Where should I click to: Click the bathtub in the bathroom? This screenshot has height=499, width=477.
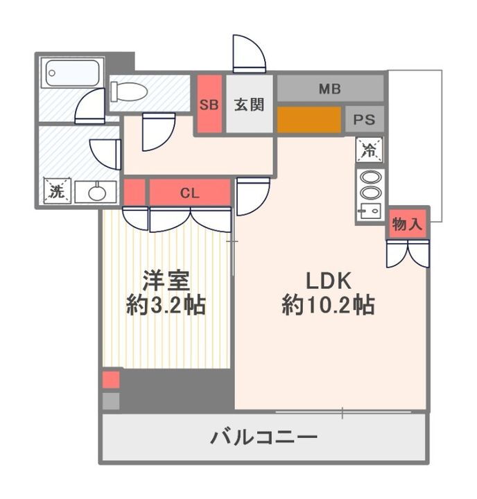(x=71, y=73)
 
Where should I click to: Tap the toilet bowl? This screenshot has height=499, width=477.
(x=130, y=91)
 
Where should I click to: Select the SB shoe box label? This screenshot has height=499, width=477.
(x=209, y=105)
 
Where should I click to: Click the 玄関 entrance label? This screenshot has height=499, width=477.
(x=248, y=105)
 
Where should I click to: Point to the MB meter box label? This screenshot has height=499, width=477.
(x=329, y=89)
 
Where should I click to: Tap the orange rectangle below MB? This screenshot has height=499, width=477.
(x=309, y=119)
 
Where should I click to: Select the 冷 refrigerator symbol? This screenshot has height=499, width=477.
(x=369, y=148)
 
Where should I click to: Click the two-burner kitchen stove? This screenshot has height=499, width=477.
(x=370, y=185)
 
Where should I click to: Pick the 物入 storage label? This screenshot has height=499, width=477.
(x=406, y=224)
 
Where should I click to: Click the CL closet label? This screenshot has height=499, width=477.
(x=189, y=193)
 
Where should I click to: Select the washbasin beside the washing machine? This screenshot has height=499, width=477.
(x=96, y=192)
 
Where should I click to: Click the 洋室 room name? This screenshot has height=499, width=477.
(x=166, y=280)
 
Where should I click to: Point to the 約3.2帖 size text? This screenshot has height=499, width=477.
(x=166, y=305)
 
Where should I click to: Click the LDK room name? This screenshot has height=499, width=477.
(x=330, y=280)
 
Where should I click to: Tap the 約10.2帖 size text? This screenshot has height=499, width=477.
(x=329, y=305)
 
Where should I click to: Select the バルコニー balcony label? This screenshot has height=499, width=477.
(x=264, y=437)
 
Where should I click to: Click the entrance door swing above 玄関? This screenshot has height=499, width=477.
(x=248, y=54)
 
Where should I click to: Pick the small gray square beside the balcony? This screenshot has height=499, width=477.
(x=111, y=401)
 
